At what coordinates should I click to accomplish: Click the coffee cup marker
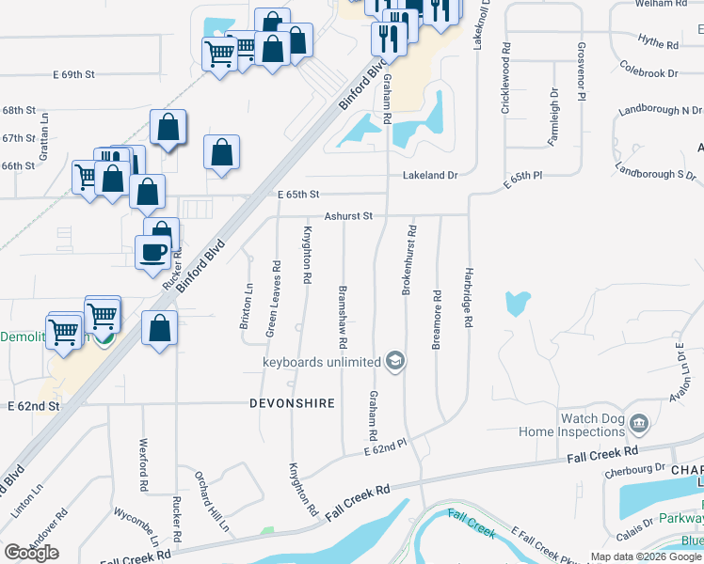[152, 252]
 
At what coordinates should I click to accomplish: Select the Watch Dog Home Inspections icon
[639, 424]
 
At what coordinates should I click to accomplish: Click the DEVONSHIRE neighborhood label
[292, 402]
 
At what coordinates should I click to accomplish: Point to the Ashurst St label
[349, 215]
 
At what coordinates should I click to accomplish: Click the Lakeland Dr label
[430, 175]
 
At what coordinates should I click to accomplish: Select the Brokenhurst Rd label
[408, 260]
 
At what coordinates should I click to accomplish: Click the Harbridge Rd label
[468, 297]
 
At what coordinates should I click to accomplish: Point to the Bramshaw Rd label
[344, 314]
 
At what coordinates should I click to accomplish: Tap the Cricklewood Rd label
[506, 78]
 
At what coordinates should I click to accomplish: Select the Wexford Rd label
[145, 456]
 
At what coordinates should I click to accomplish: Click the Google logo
[31, 553]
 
